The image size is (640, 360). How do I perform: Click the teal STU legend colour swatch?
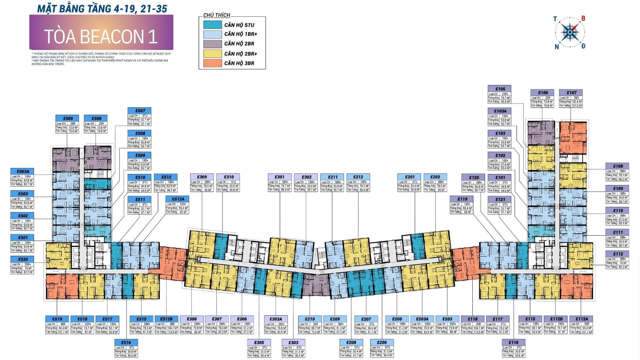(x=212, y=25)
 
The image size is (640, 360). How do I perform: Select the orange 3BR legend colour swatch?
(x=212, y=63)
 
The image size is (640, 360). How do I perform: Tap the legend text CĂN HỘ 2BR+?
(x=241, y=54)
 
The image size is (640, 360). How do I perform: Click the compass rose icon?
(x=570, y=32)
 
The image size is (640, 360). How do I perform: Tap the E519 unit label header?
(x=57, y=319)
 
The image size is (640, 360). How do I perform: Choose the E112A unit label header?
(x=582, y=319)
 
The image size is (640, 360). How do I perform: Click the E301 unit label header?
(x=279, y=177)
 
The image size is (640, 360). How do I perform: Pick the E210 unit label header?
(x=310, y=319)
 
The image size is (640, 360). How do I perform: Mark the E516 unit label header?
(x=126, y=342)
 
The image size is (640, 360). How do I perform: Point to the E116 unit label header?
(x=514, y=342)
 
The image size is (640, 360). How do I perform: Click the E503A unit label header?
(x=23, y=172)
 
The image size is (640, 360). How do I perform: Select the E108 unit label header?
(x=618, y=166)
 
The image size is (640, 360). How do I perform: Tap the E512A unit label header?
(x=177, y=199)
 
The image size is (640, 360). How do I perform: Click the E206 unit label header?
(x=382, y=342)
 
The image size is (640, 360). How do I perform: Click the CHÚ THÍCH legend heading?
(x=217, y=15)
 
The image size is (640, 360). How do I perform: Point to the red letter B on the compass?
(x=583, y=19)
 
